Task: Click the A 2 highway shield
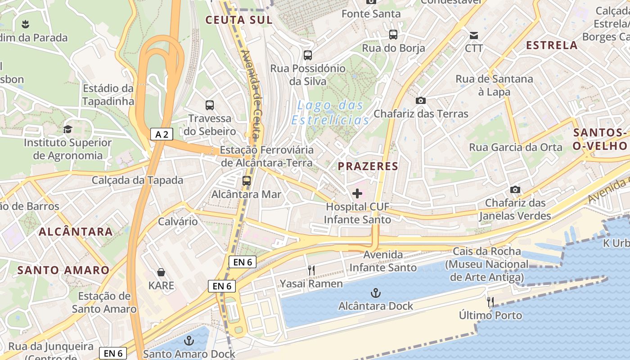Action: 162,134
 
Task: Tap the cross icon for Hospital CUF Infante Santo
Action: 357,194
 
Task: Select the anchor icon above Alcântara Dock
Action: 375,293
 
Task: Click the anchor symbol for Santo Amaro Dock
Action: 189,341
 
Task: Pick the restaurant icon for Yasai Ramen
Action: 311,270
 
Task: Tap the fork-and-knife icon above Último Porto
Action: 490,302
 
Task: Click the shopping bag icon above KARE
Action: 161,272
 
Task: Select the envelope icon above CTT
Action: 474,35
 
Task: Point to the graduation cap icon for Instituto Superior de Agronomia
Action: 67,130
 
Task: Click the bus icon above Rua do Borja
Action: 393,35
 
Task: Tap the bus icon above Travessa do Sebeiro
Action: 210,105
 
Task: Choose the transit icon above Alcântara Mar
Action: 247,181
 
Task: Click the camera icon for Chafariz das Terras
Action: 421,100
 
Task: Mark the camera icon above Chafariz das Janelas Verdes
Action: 515,190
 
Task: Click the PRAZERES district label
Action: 368,166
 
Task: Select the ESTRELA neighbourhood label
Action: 552,45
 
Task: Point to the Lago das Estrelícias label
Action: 330,112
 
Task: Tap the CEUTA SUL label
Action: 239,20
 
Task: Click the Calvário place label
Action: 178,221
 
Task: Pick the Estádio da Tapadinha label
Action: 108,94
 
